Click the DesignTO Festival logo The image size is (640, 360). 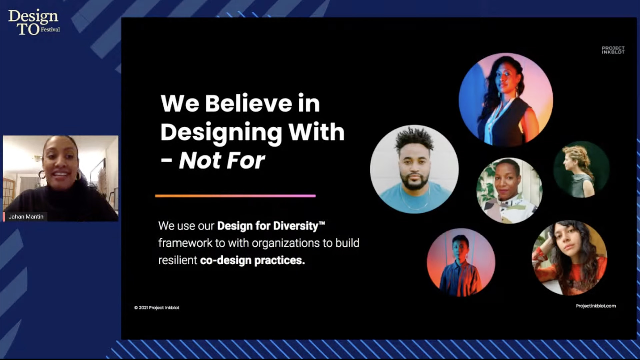pyautogui.click(x=34, y=22)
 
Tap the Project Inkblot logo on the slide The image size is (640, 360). pyautogui.click(x=613, y=50)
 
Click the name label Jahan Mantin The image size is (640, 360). pyautogui.click(x=26, y=217)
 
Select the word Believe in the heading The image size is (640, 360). pyautogui.click(x=248, y=103)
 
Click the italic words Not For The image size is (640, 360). pyautogui.click(x=222, y=161)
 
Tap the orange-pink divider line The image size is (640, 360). pyautogui.click(x=235, y=196)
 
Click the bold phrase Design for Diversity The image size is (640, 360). pyautogui.click(x=268, y=226)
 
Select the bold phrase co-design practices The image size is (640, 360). pyautogui.click(x=252, y=260)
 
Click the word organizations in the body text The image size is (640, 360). pyautogui.click(x=285, y=243)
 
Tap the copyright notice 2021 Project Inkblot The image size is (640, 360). pyautogui.click(x=157, y=308)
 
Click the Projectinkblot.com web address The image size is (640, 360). pyautogui.click(x=596, y=306)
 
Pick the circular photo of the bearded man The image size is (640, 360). pyautogui.click(x=414, y=169)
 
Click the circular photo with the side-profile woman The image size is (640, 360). pyautogui.click(x=582, y=169)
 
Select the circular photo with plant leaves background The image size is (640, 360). pyautogui.click(x=509, y=191)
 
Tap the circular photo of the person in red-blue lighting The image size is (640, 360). pyautogui.click(x=461, y=262)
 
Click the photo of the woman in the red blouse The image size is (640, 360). pyautogui.click(x=569, y=258)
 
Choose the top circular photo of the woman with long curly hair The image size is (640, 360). pyautogui.click(x=506, y=100)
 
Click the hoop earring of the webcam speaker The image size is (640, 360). pyautogui.click(x=42, y=175)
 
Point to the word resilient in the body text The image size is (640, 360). pyautogui.click(x=178, y=260)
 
